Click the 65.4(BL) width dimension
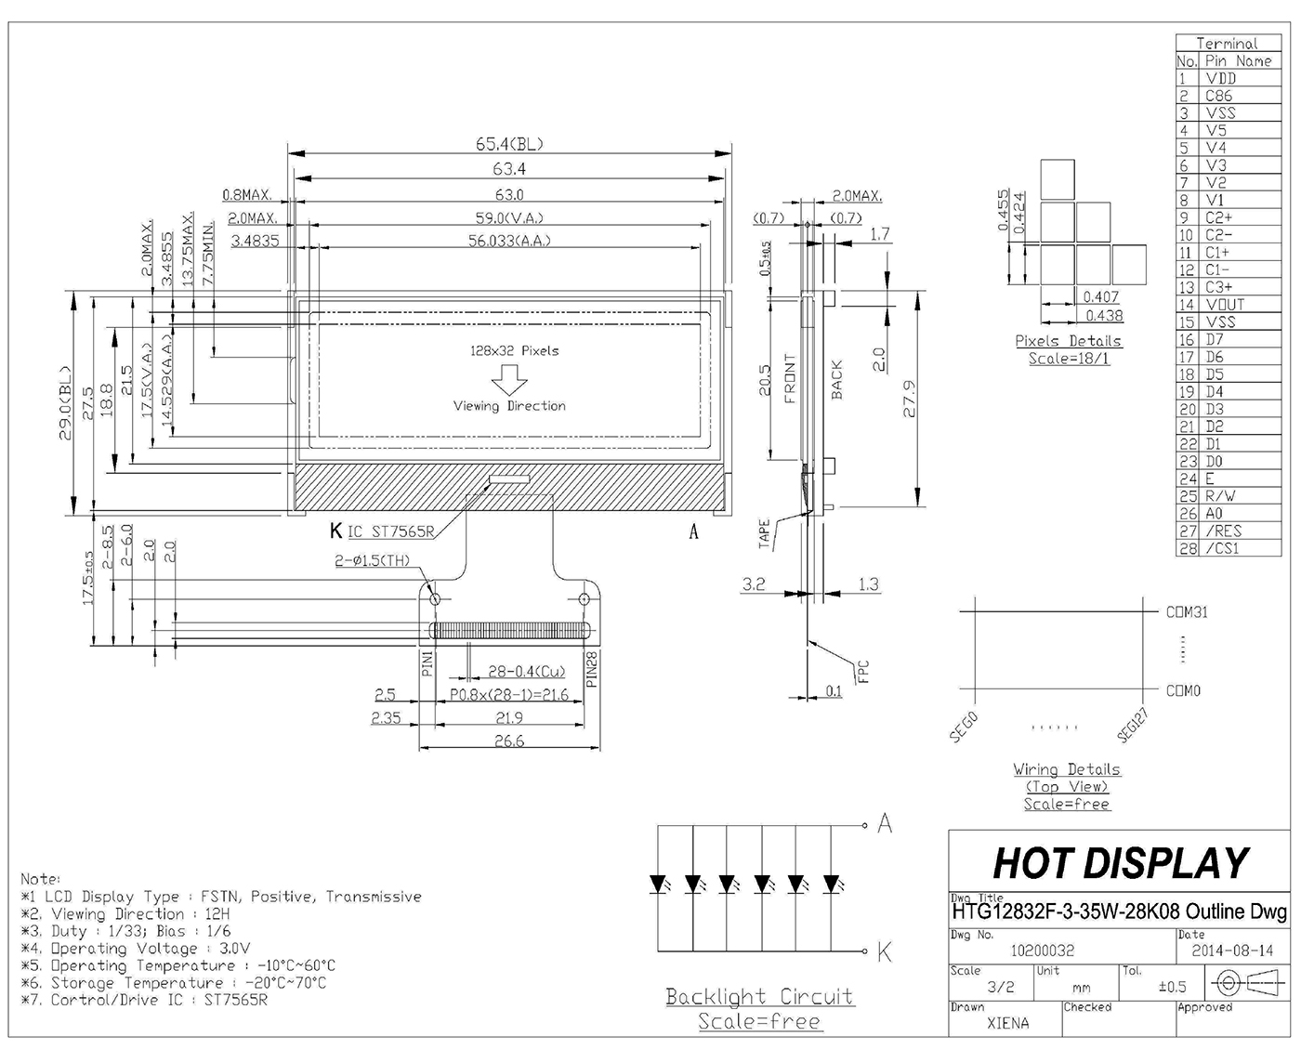click(x=509, y=144)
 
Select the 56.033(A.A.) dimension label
click(x=509, y=241)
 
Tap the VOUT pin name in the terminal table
click(x=1225, y=305)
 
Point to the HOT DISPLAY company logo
click(x=1121, y=863)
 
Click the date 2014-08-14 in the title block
click(x=1232, y=951)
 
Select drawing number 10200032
click(x=1042, y=951)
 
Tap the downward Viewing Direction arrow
click(x=509, y=379)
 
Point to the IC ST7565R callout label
click(x=391, y=532)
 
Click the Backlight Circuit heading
click(x=759, y=997)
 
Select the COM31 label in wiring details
click(x=1187, y=612)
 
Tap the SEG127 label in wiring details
click(x=1133, y=726)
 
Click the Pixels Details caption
click(x=1068, y=341)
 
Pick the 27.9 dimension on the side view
click(x=910, y=399)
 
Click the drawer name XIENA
click(x=1008, y=1024)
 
